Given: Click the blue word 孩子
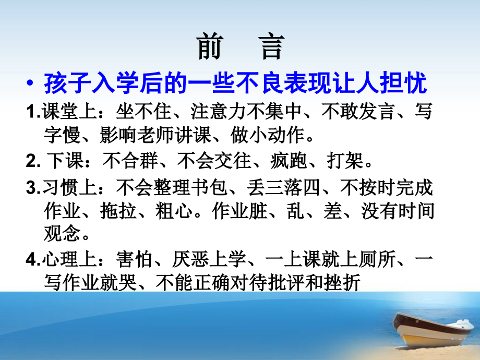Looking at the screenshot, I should click(63, 83).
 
